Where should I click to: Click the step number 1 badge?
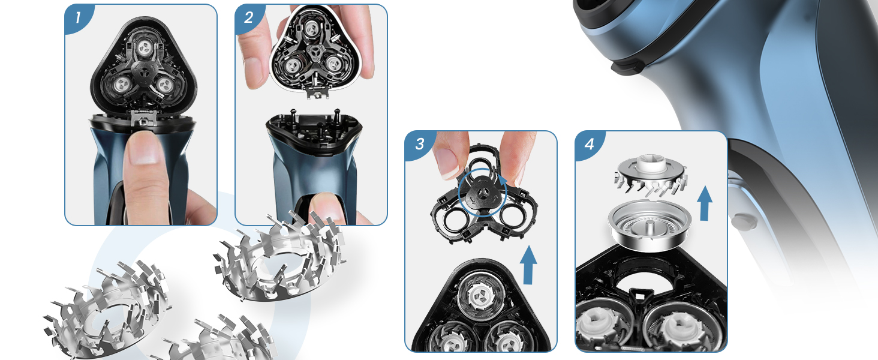click(x=78, y=17)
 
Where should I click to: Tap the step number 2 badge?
click(x=248, y=17)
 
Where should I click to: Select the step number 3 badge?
click(x=419, y=145)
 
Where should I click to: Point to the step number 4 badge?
click(x=589, y=145)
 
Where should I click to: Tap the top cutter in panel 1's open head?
click(x=145, y=48)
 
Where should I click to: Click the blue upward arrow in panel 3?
click(x=528, y=265)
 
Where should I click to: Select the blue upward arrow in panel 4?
click(x=705, y=203)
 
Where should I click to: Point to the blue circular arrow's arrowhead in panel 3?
click(x=503, y=181)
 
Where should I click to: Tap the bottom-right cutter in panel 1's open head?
click(x=164, y=84)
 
